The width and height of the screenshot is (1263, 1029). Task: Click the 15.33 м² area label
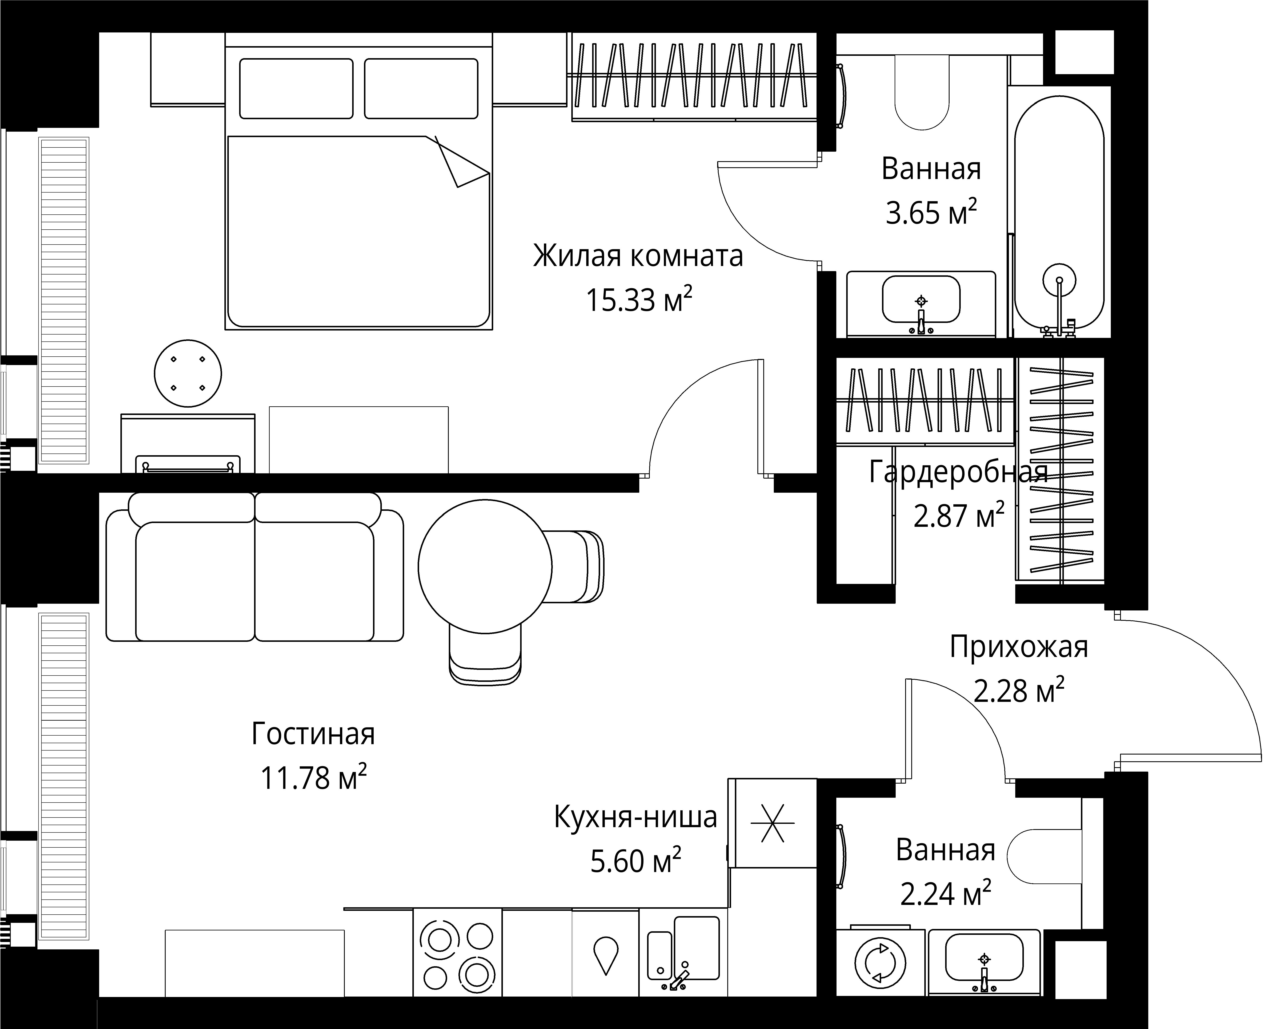(x=639, y=299)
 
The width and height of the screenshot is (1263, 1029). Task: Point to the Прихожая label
(x=1019, y=647)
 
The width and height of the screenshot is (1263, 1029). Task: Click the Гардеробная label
(x=958, y=472)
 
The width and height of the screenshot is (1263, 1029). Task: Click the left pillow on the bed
(x=296, y=88)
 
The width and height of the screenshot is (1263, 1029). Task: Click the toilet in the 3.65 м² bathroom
(x=922, y=92)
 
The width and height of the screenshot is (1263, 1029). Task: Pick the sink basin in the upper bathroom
(x=921, y=299)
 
